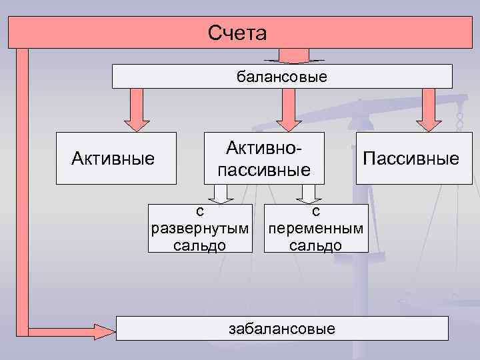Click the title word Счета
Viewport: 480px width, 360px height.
[x=237, y=33]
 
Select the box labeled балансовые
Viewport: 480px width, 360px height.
[x=281, y=77]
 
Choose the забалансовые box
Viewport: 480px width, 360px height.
[x=281, y=329]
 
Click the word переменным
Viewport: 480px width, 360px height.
[x=316, y=229]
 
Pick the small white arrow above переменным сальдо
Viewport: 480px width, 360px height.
[x=308, y=193]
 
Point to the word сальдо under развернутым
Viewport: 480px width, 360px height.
[x=199, y=245]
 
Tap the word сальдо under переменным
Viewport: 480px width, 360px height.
[x=316, y=245]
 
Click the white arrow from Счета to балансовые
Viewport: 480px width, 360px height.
[x=293, y=56]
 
